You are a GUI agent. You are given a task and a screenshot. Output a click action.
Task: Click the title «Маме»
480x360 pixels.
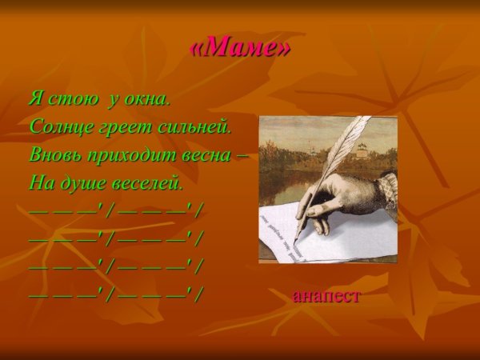tap(240, 49)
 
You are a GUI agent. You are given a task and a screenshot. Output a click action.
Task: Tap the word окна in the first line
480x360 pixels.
tap(149, 100)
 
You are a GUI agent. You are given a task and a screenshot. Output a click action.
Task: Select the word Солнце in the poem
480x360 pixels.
tap(60, 126)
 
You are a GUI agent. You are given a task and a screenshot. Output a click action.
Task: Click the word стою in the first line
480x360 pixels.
tap(77, 100)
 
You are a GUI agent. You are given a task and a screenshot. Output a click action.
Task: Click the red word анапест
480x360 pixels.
tap(326, 296)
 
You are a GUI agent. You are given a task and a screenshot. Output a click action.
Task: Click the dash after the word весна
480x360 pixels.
tap(242, 154)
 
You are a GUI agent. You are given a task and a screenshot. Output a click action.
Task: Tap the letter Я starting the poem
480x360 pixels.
tap(35, 100)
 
